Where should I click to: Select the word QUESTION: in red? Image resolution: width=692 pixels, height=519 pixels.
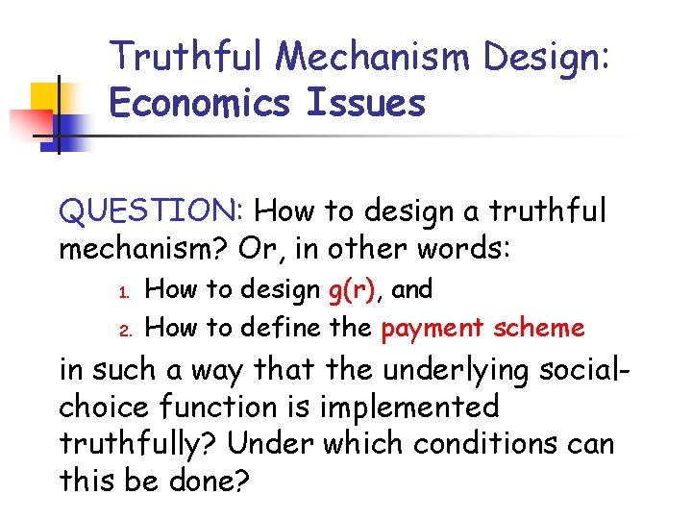pos(153,210)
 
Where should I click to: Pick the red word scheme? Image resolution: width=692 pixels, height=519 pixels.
pos(538,328)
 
